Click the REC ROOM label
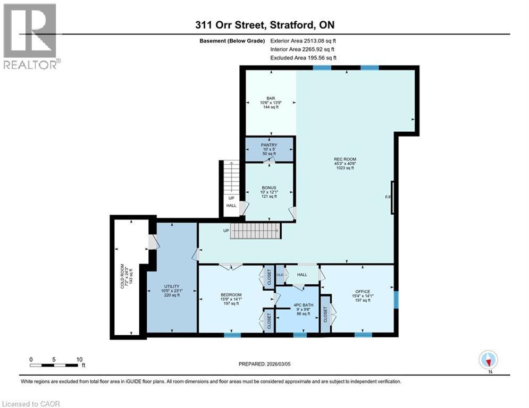(x=345, y=159)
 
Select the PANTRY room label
(x=270, y=144)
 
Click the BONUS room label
(x=269, y=188)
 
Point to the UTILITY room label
(x=172, y=286)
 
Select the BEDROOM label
(x=231, y=295)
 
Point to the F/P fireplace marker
(x=388, y=198)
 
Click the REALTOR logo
(x=30, y=36)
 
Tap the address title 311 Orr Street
(x=264, y=25)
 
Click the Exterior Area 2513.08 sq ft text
(x=303, y=40)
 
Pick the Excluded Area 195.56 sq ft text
(x=303, y=58)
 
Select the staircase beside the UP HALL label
(x=230, y=179)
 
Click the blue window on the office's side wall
(x=395, y=299)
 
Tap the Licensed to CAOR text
(x=31, y=404)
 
